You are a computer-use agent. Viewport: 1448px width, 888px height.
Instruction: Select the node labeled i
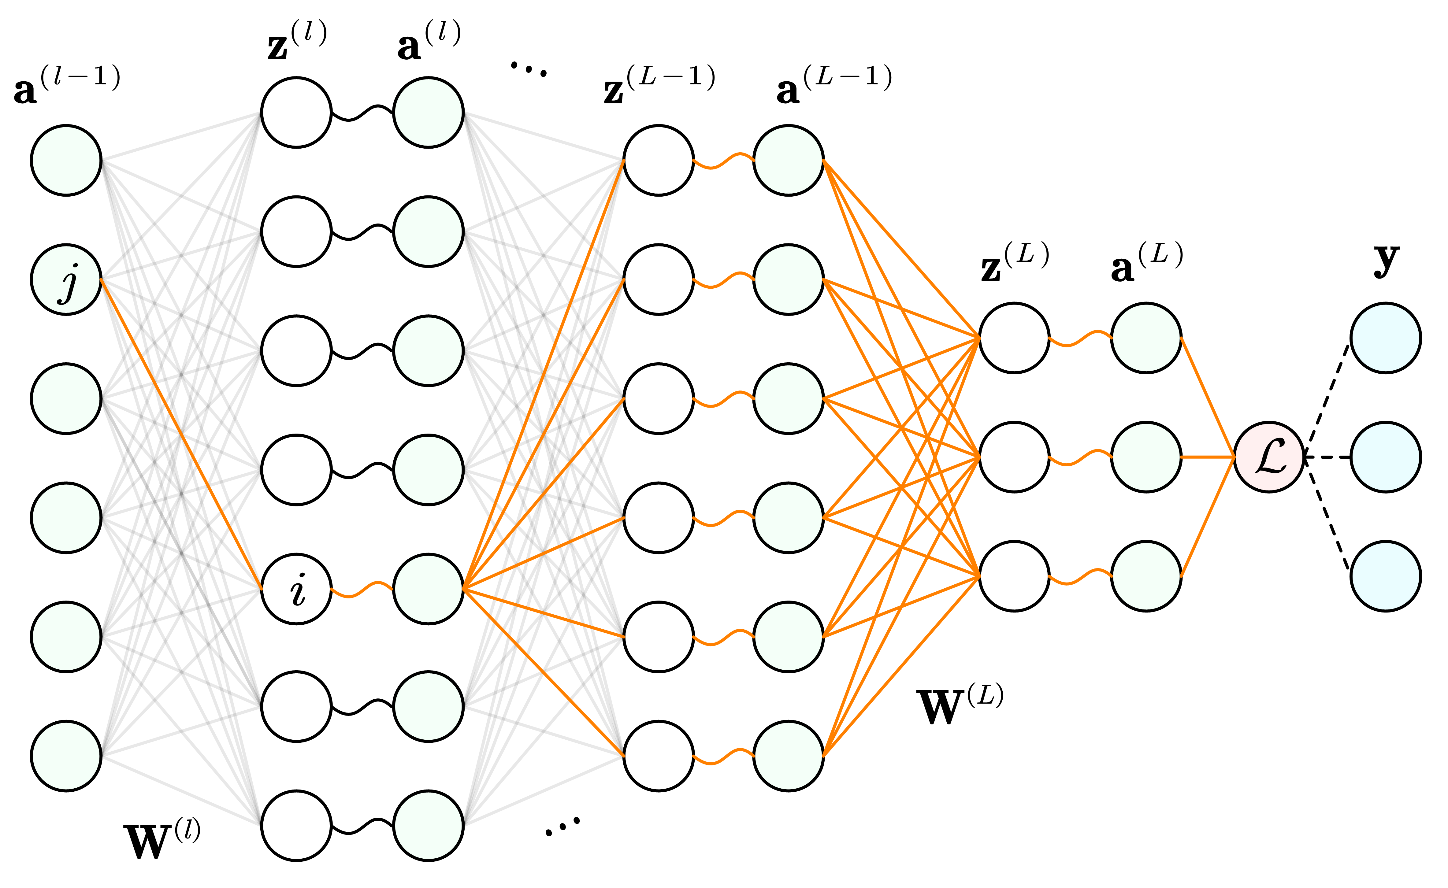pyautogui.click(x=296, y=589)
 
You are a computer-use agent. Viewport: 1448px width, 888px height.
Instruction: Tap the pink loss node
pyautogui.click(x=1269, y=457)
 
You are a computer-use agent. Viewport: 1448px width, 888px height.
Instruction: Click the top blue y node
pyautogui.click(x=1386, y=338)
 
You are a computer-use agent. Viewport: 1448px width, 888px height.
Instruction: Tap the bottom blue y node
pyautogui.click(x=1386, y=576)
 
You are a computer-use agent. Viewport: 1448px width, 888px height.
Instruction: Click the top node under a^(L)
pyautogui.click(x=1146, y=338)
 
